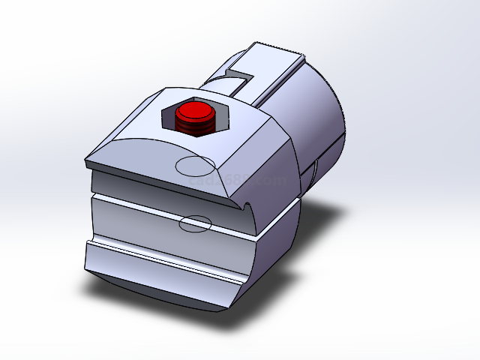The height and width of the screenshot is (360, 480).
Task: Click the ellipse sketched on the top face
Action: pyautogui.click(x=194, y=166)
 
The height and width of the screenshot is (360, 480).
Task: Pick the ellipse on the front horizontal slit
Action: pyautogui.click(x=195, y=223)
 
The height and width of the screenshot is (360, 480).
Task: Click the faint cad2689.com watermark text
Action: pyautogui.click(x=238, y=181)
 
